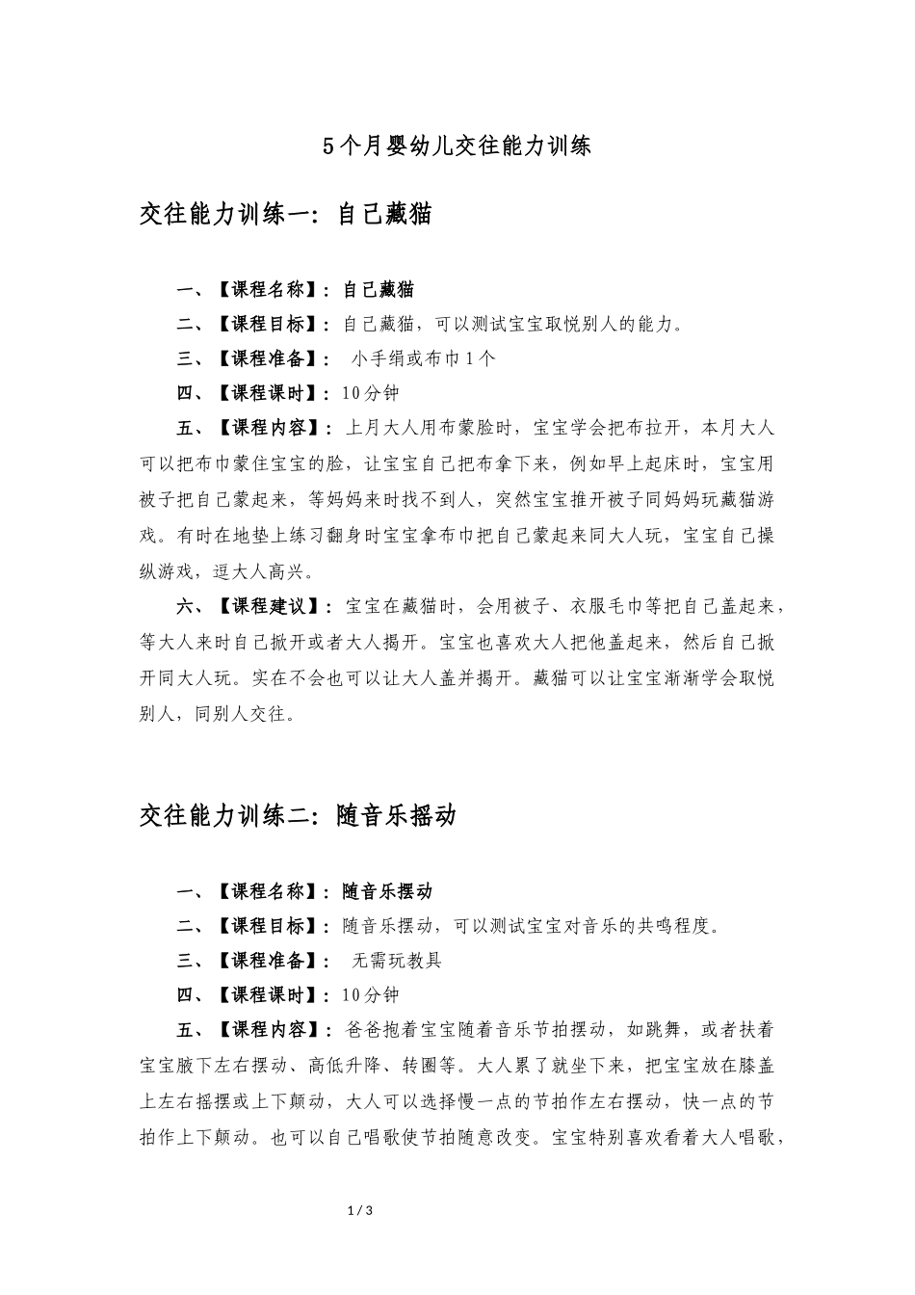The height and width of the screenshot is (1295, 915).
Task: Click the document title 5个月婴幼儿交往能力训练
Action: point(457,146)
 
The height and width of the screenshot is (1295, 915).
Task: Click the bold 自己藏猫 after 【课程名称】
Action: point(379,289)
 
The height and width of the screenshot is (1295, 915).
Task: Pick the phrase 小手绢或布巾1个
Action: point(424,358)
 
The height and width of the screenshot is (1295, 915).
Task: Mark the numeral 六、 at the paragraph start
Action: point(192,607)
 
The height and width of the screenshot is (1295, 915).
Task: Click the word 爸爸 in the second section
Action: point(361,1030)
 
